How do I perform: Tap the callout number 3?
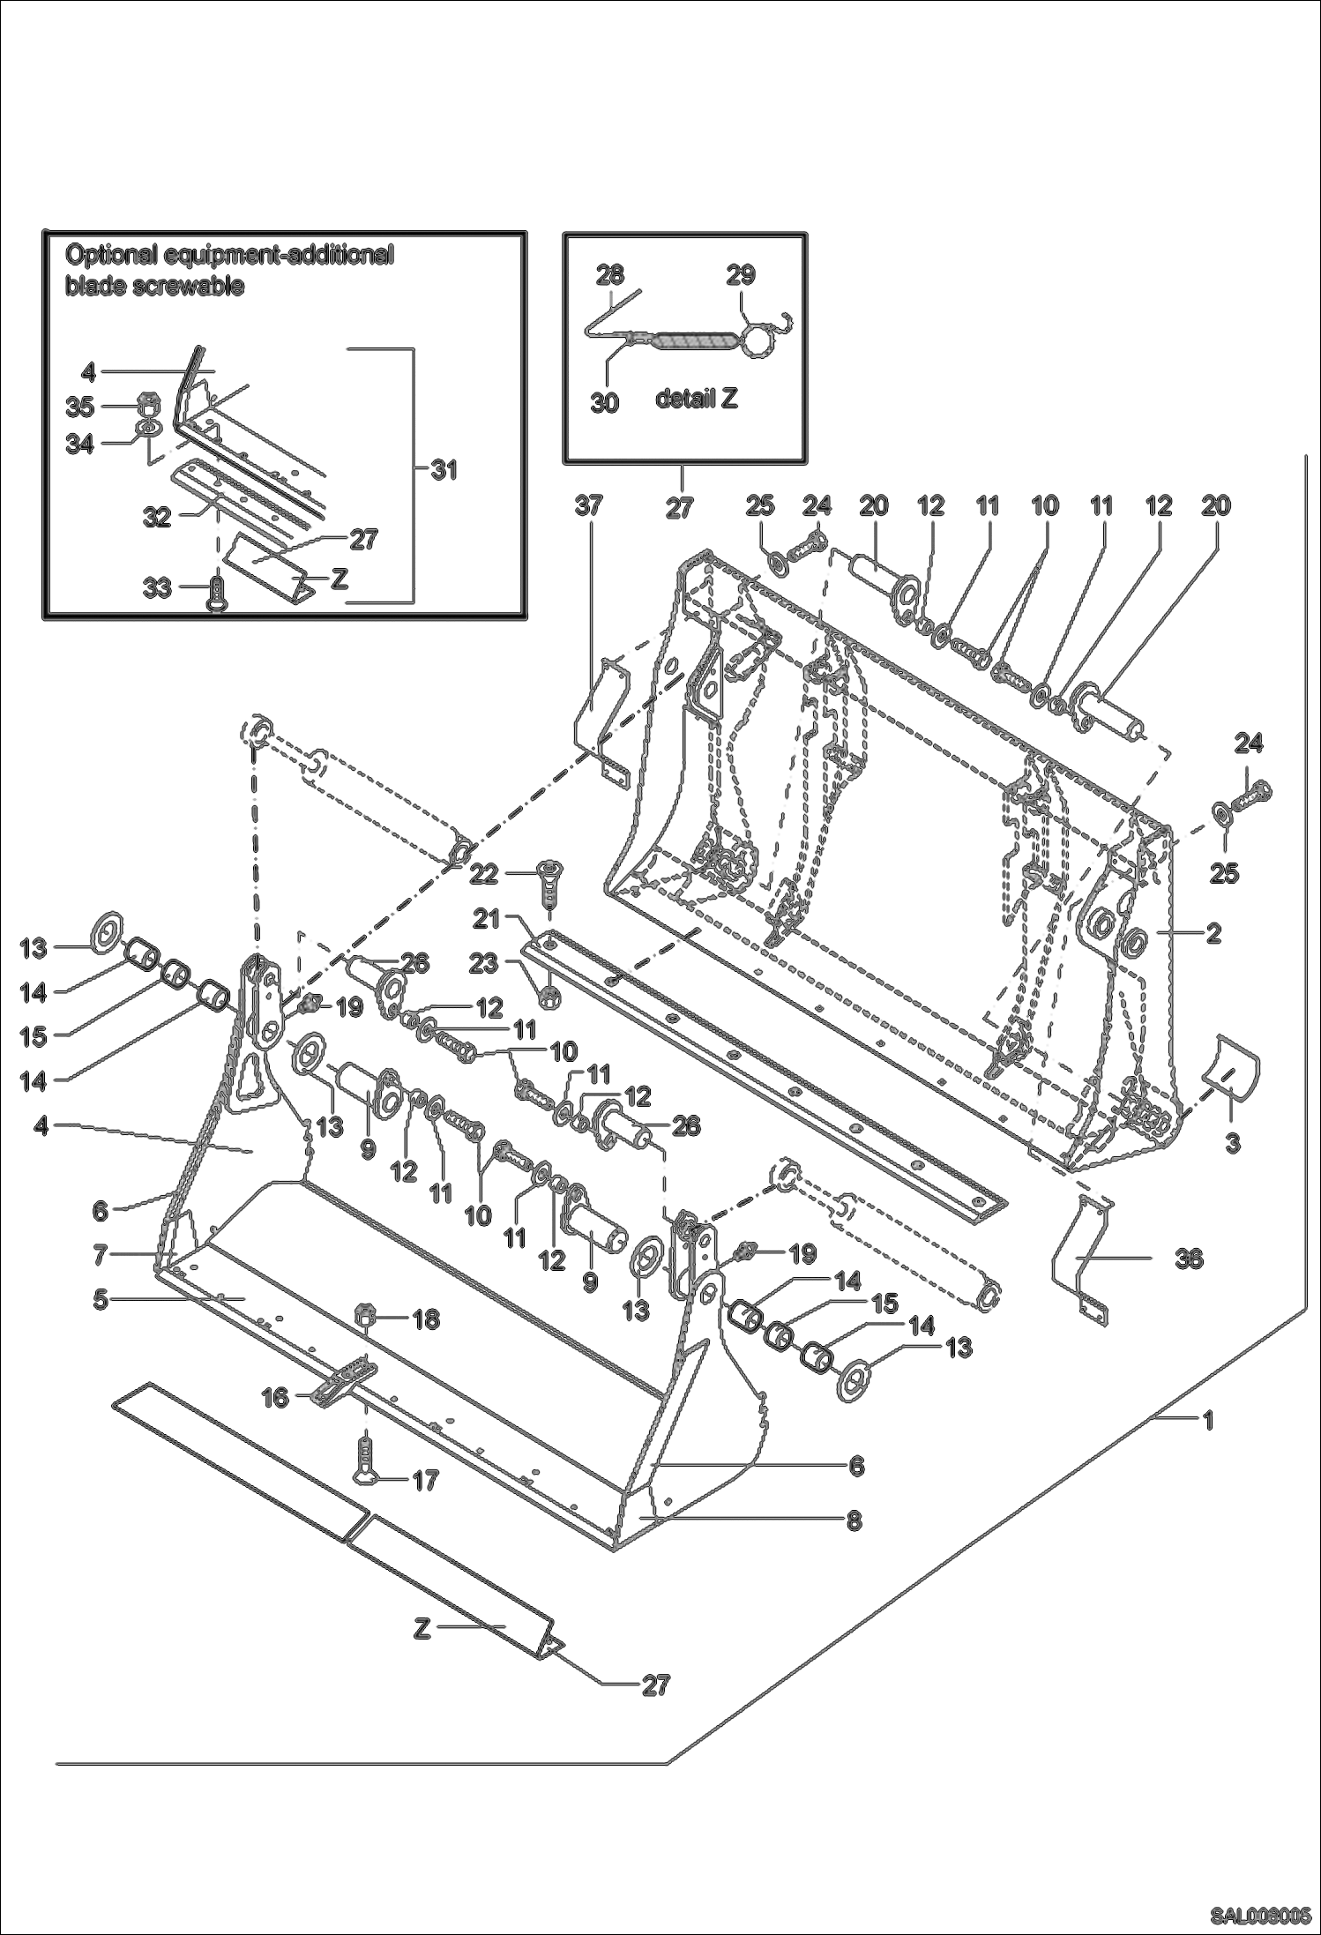[x=1233, y=1143]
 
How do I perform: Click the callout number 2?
[x=1213, y=933]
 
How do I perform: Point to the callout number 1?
[x=1209, y=1420]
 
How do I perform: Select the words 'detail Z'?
[x=697, y=399]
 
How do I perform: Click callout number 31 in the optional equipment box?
[x=444, y=470]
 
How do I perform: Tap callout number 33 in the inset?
[x=158, y=586]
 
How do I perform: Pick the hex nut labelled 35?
[x=149, y=409]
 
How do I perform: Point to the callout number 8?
[x=853, y=1520]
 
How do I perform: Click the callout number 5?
[x=101, y=1299]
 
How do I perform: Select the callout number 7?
[x=101, y=1253]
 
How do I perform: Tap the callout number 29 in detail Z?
[x=741, y=274]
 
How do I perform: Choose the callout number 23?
[x=483, y=964]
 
